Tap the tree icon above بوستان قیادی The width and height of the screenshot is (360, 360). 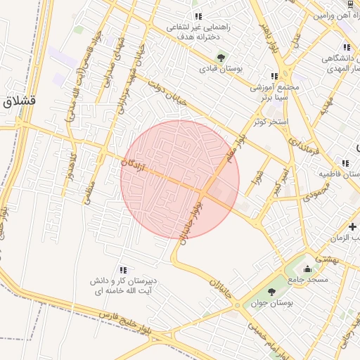coord(221,58)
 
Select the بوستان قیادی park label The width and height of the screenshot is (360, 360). coord(221,69)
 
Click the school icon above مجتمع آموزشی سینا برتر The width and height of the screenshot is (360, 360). coord(274,76)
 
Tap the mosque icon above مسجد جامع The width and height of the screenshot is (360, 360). coord(307,269)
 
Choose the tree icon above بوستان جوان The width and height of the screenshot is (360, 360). coord(271,292)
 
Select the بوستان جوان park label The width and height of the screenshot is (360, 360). coord(271,303)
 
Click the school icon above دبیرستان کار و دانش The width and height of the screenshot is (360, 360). coord(124,269)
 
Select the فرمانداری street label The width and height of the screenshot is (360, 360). coord(303,139)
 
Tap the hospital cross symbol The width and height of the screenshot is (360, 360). coord(352,226)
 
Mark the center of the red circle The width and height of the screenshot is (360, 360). coord(180,179)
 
